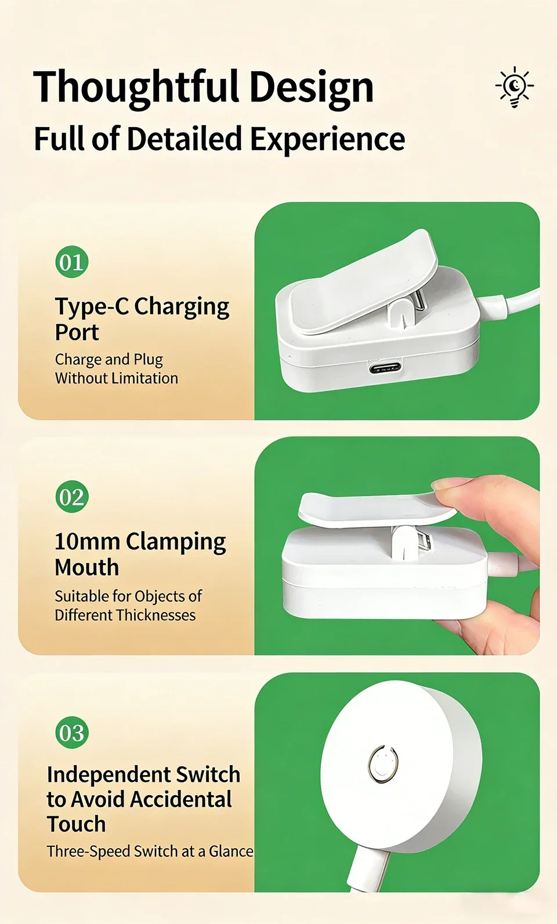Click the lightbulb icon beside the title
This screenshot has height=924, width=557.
(515, 86)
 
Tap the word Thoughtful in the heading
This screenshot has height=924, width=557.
(137, 87)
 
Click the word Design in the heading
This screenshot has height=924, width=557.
(312, 88)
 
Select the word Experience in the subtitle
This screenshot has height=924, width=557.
(328, 139)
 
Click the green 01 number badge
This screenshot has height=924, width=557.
(72, 262)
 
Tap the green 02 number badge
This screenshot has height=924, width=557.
(72, 497)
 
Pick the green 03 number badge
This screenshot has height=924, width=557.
(72, 733)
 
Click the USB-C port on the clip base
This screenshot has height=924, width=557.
(385, 367)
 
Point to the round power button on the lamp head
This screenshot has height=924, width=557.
(383, 763)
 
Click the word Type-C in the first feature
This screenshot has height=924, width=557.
(92, 306)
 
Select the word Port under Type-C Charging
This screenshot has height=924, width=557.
(77, 332)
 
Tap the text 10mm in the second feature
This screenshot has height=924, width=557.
(87, 541)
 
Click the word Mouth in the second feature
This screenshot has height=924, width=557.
(87, 567)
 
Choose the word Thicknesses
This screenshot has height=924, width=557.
(155, 615)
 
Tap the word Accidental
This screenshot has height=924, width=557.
(181, 799)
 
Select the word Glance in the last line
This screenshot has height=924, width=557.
(231, 851)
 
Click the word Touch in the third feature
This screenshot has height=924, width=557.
(77, 824)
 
